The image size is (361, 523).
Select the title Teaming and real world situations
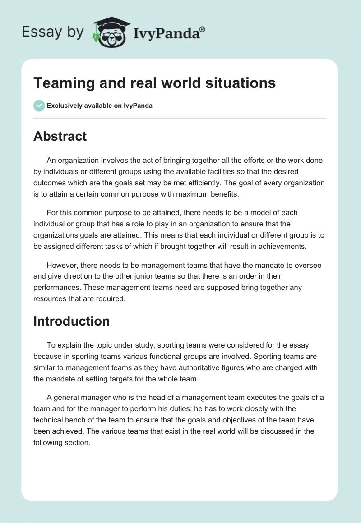[154, 83]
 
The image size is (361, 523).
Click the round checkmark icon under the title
[39, 106]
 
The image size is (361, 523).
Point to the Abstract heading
[60, 136]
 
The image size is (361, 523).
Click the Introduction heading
[71, 321]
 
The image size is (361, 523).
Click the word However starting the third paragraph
[62, 265]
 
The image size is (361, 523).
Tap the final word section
[78, 443]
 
